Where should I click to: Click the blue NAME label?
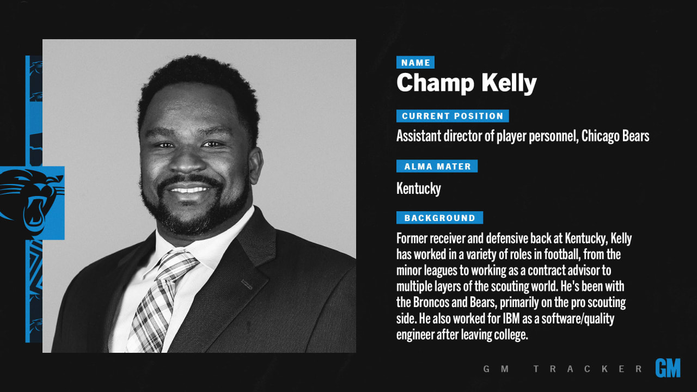[415, 62]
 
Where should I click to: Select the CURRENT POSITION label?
[453, 116]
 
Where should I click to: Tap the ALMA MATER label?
[437, 166]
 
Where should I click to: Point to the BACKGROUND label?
[439, 217]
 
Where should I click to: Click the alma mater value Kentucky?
[419, 188]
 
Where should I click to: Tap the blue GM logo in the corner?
[668, 367]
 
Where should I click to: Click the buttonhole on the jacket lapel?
[247, 284]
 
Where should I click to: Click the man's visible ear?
[256, 165]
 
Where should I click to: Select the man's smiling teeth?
[189, 189]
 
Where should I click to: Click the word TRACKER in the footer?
[588, 369]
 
